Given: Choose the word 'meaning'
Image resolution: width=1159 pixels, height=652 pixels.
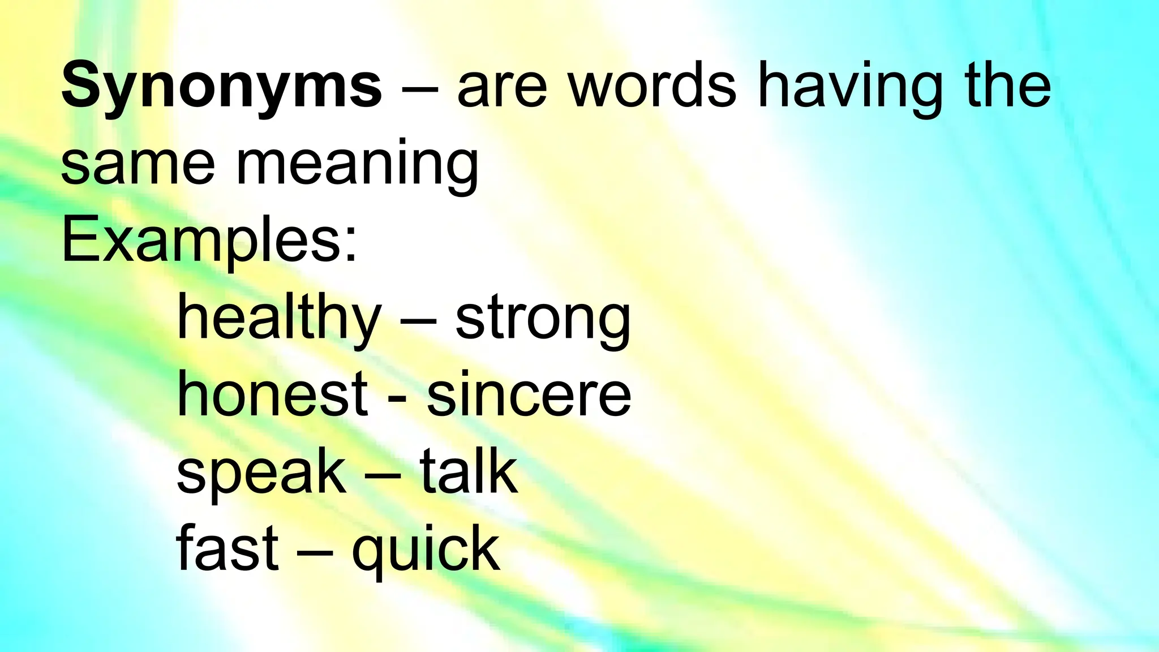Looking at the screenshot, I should point(357,164).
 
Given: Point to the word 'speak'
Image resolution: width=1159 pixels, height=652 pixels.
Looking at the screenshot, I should point(261,473).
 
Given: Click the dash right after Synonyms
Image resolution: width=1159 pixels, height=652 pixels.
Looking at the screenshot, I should point(419,91).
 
